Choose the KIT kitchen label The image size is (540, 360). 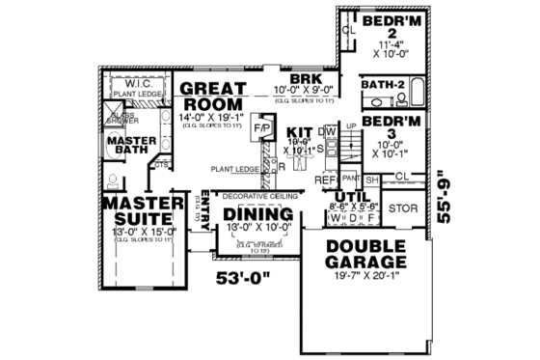301,130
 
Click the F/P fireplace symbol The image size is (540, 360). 260,127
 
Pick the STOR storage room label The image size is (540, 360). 400,207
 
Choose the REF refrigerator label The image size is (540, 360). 325,180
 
